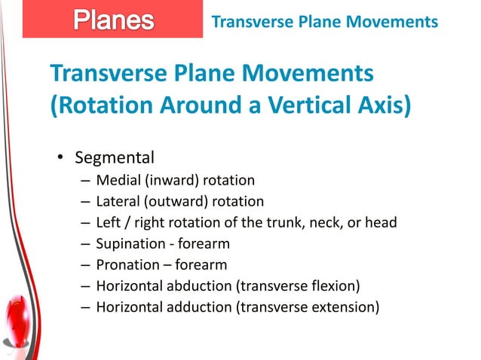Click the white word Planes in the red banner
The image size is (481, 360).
tap(112, 20)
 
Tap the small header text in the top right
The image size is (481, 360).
tap(324, 22)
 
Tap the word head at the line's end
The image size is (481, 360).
tap(380, 222)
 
